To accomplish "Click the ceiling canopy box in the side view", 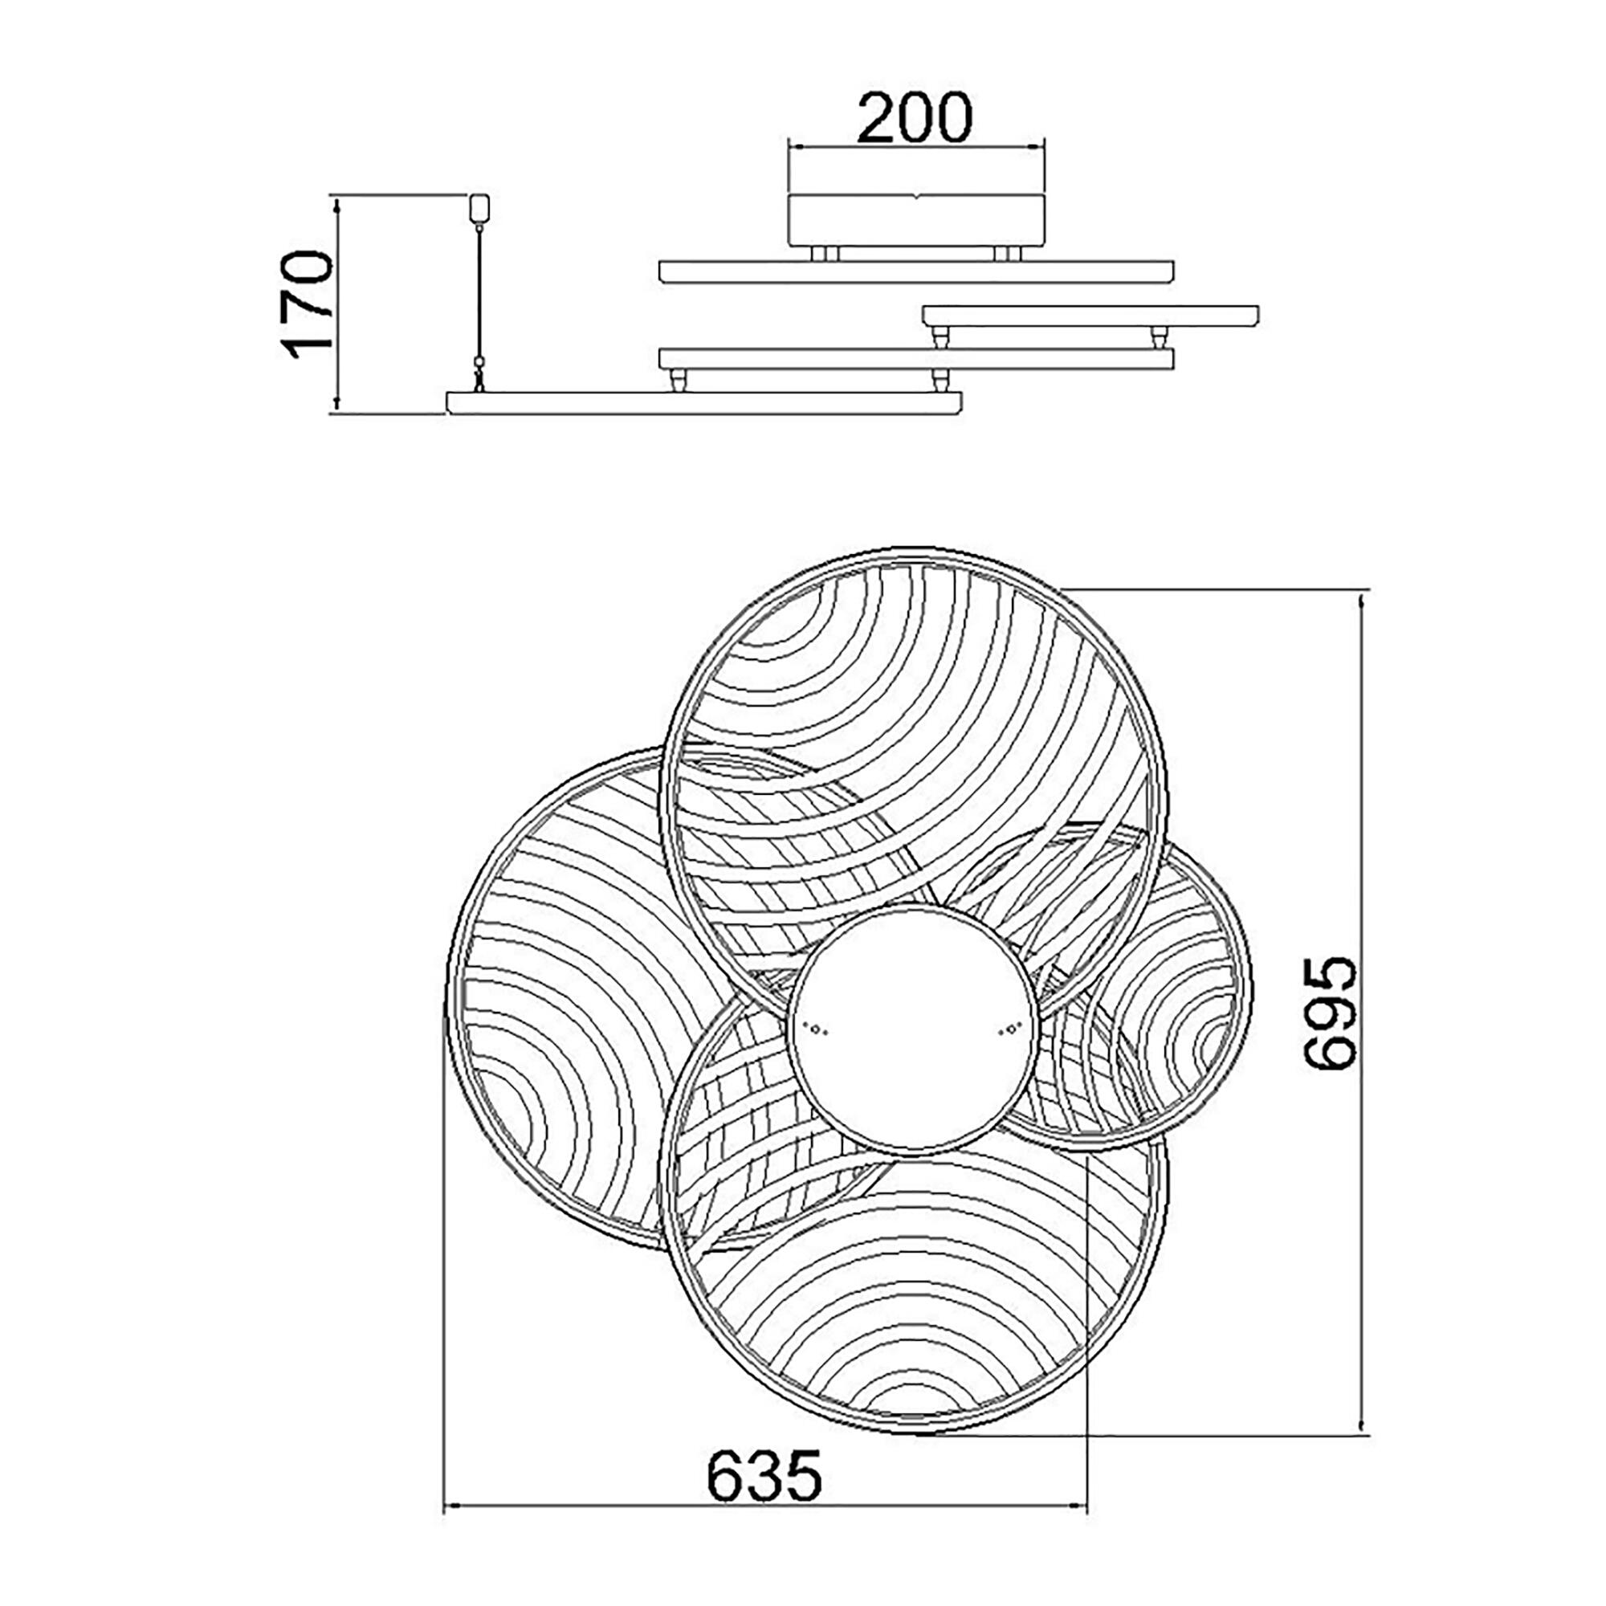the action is [x=915, y=220].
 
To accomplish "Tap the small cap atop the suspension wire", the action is [x=480, y=208].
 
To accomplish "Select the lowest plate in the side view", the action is [x=705, y=402].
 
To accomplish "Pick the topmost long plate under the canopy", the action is [x=916, y=272].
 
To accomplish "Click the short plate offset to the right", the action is [x=1090, y=316].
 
